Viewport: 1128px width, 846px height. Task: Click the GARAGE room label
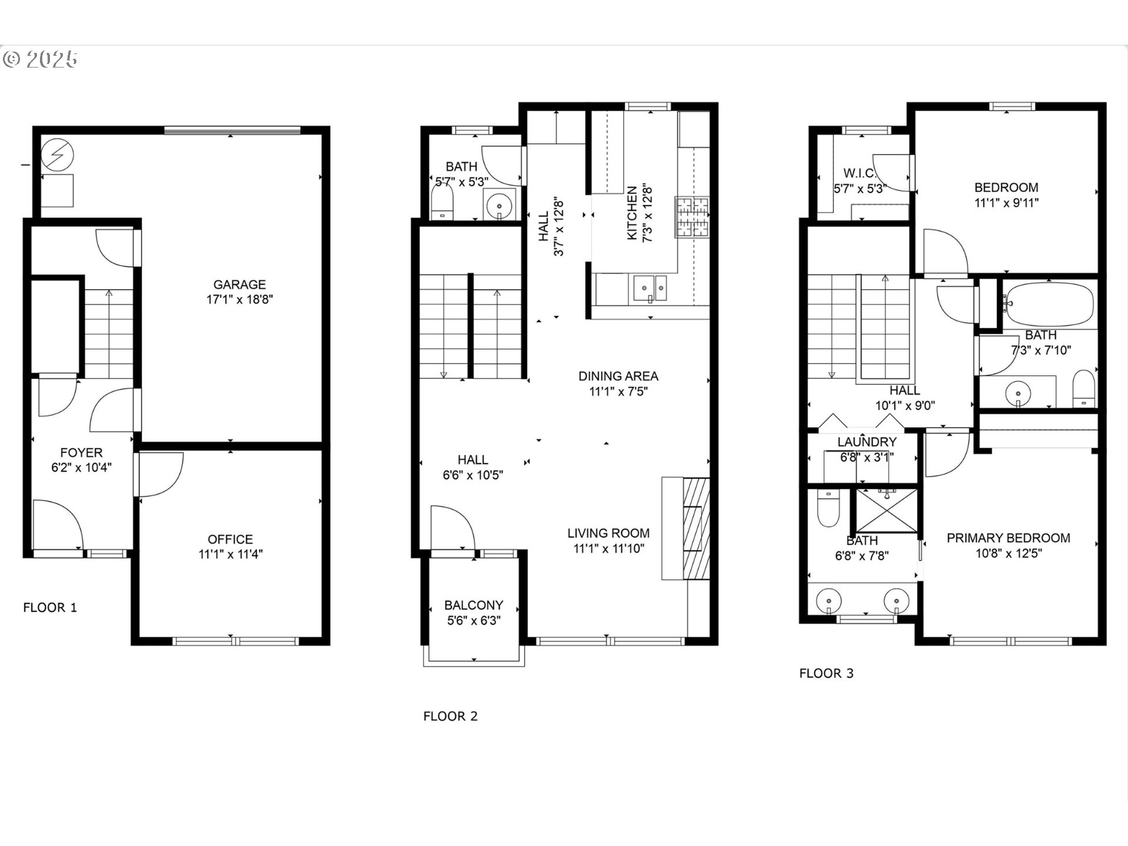[x=239, y=284]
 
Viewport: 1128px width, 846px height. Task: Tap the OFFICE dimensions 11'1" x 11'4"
[x=230, y=554]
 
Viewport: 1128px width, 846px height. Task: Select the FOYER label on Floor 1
[x=81, y=452]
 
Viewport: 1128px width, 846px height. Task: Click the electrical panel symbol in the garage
[x=58, y=155]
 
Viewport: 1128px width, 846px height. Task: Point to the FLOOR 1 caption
[x=50, y=607]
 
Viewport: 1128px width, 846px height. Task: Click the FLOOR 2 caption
[x=450, y=716]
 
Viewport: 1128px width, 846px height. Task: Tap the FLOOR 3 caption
[x=826, y=673]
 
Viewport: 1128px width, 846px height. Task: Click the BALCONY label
[x=474, y=605]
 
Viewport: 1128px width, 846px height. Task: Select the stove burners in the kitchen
[x=693, y=217]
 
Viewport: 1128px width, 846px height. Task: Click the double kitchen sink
[x=650, y=288]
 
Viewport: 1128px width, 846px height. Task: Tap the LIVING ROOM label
[x=608, y=533]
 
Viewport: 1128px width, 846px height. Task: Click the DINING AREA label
[x=618, y=376]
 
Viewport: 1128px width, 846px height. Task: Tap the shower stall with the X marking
[x=887, y=510]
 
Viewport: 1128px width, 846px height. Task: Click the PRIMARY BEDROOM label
[x=1008, y=538]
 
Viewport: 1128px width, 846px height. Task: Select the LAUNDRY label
[x=867, y=442]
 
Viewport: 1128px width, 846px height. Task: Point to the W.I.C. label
[x=860, y=173]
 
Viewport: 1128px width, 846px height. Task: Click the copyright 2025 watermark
[x=40, y=59]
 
